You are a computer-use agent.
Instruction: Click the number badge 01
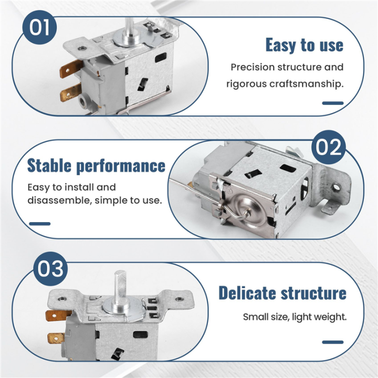point(39,27)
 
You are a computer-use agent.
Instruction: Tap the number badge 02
point(329,147)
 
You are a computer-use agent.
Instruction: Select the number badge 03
point(50,269)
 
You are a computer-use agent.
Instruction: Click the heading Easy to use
point(304,45)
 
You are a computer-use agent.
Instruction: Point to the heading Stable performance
point(96,165)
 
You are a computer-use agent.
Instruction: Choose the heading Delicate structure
point(282,293)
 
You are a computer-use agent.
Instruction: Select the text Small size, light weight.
point(295,317)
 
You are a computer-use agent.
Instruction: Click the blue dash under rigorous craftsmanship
point(333,103)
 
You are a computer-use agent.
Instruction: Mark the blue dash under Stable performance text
point(40,224)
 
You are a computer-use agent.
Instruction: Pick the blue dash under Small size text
point(333,342)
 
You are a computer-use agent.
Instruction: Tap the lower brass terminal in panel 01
point(71,92)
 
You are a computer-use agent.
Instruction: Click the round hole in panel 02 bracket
point(336,187)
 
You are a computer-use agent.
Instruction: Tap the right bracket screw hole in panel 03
point(179,299)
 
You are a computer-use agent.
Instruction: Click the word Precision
point(253,67)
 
